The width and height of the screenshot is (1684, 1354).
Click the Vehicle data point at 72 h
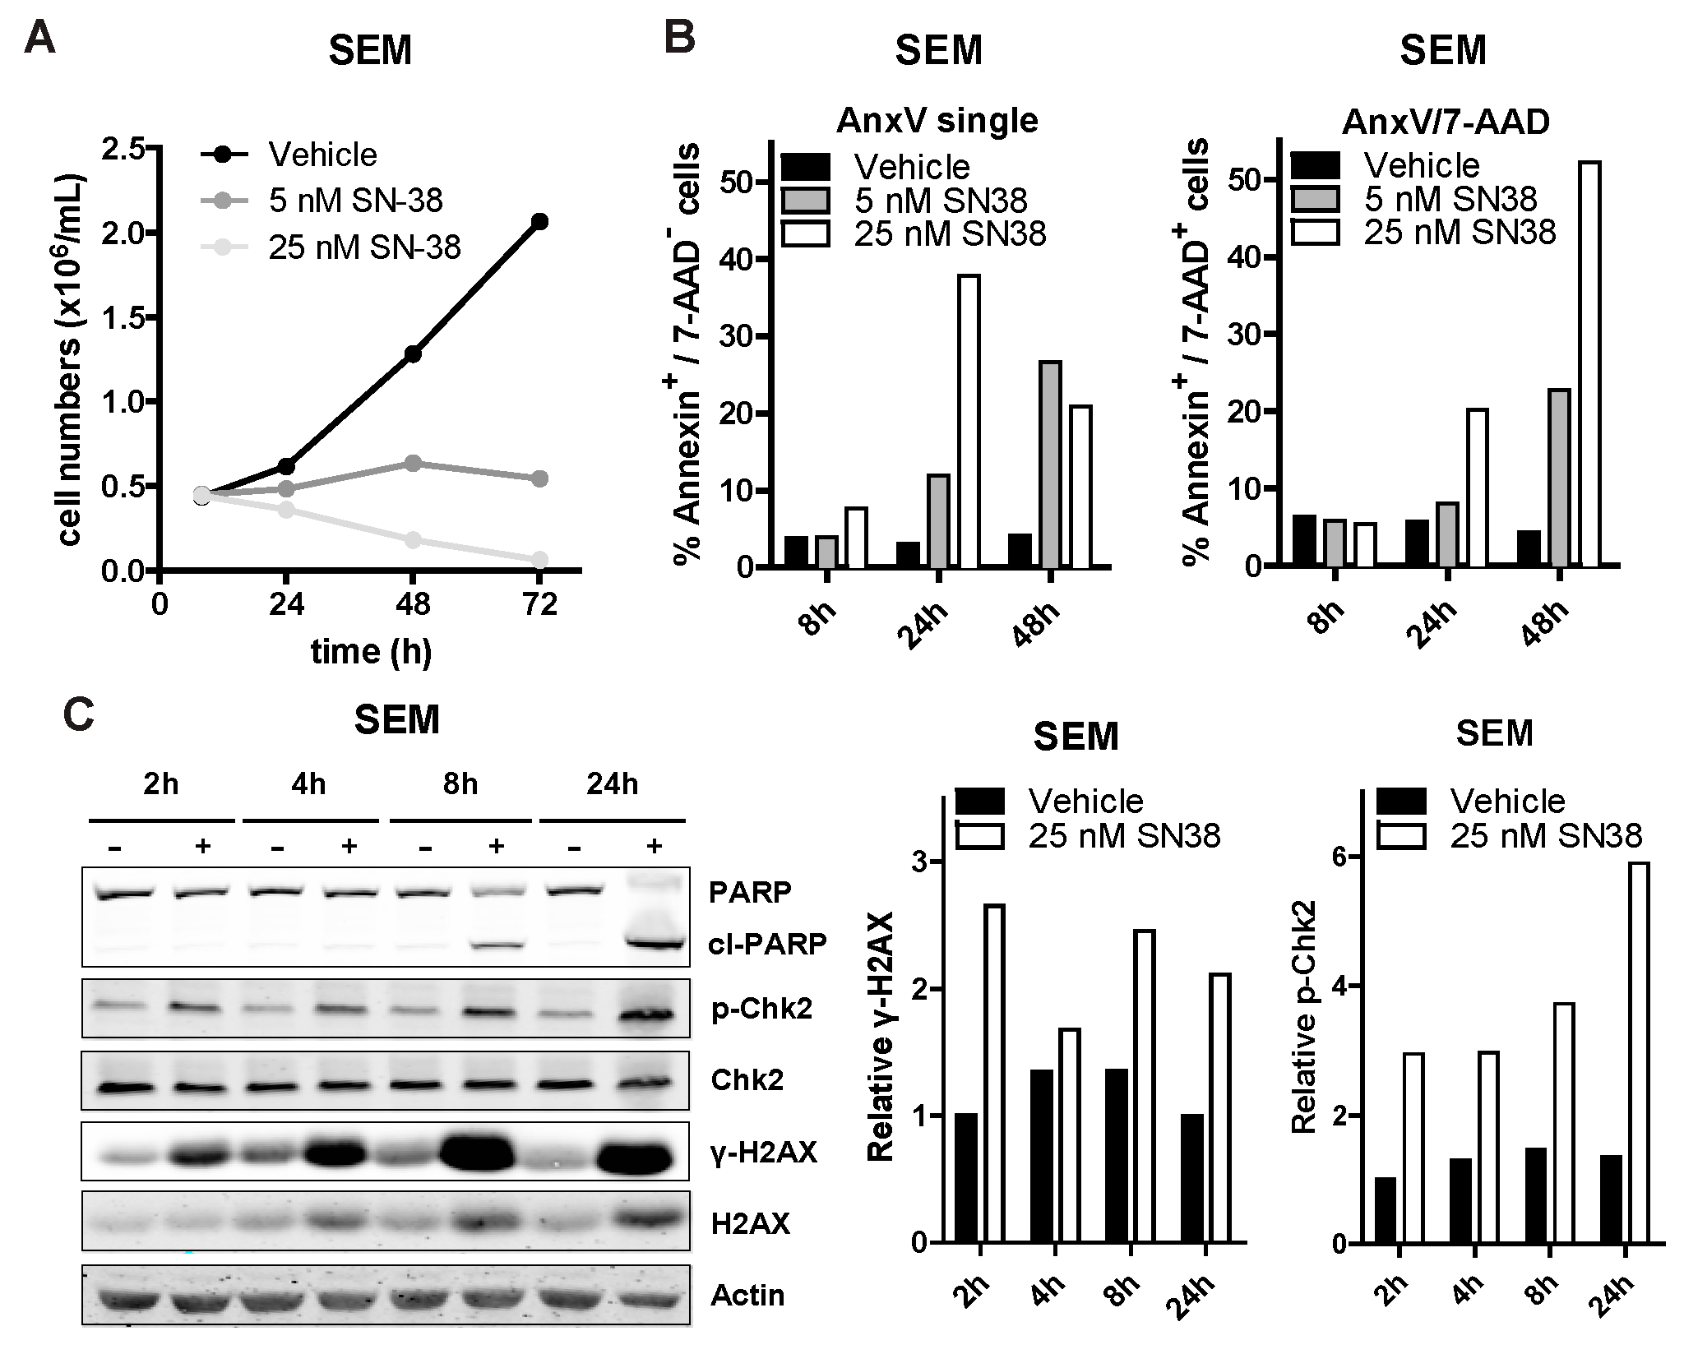click(x=539, y=221)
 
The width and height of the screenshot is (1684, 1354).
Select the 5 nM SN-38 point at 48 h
click(x=413, y=464)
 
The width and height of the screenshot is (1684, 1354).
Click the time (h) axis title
click(x=371, y=651)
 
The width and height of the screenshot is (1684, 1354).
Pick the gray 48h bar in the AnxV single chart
click(x=1049, y=464)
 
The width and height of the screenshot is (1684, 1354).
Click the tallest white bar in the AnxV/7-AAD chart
click(x=1587, y=364)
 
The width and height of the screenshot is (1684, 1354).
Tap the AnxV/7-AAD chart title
click(x=1446, y=122)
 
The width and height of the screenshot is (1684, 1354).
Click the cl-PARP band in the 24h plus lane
click(x=655, y=942)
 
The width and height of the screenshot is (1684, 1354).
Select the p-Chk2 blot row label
click(x=761, y=1009)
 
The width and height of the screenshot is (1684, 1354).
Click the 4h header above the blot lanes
click(x=309, y=783)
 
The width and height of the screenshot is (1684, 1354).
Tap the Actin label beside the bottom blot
click(x=747, y=1296)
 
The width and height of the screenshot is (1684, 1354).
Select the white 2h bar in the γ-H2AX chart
click(x=994, y=1072)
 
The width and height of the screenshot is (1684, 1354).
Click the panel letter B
click(x=680, y=39)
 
